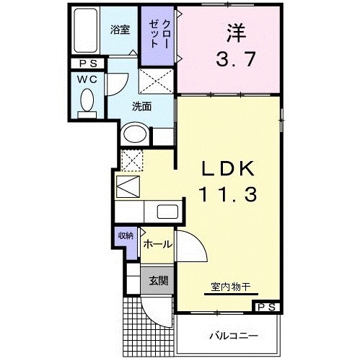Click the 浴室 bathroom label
[x=120, y=30]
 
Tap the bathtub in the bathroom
[x=86, y=30]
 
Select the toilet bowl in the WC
[x=87, y=100]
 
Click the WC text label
[x=87, y=79]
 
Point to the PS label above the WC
[x=88, y=64]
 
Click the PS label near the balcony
[x=266, y=307]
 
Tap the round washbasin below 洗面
[x=135, y=134]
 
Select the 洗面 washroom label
[x=141, y=106]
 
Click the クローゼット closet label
[x=159, y=34]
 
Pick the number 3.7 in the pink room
[x=235, y=59]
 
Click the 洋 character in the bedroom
[x=237, y=32]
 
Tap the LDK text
[x=228, y=168]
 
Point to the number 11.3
[x=227, y=194]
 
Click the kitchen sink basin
[x=167, y=212]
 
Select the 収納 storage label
[x=126, y=235]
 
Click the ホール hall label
[x=158, y=244]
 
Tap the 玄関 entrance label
[x=158, y=280]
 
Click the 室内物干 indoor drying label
[x=231, y=287]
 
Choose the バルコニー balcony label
[x=234, y=336]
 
